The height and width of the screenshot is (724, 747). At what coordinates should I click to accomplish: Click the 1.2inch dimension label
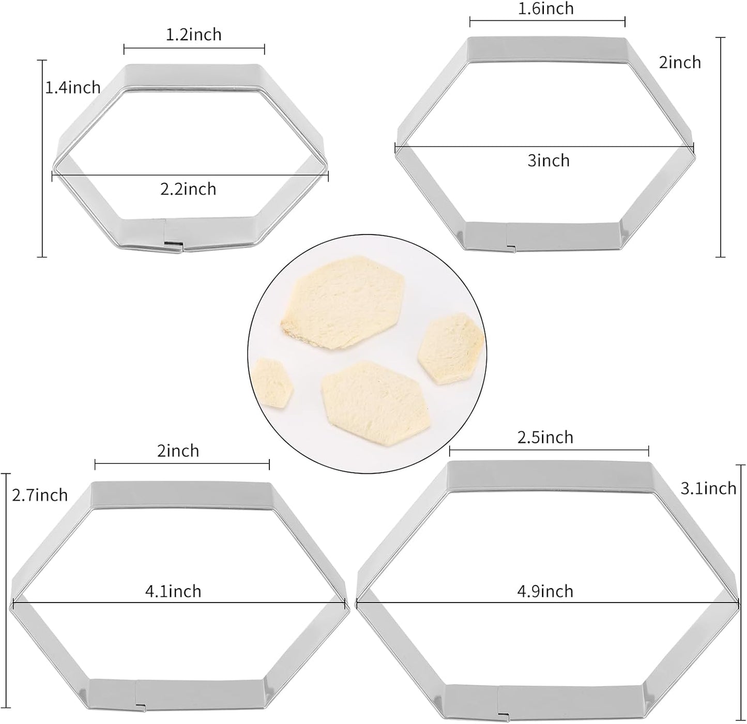pos(194,35)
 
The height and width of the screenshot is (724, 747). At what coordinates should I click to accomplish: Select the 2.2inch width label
pos(188,189)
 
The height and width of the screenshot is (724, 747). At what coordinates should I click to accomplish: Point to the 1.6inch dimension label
pos(546,9)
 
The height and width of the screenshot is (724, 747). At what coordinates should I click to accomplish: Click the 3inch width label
pos(548,161)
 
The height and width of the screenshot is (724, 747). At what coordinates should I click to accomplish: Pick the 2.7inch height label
pos(40,495)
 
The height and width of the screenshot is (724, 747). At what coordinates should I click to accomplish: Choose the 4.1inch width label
pos(173,591)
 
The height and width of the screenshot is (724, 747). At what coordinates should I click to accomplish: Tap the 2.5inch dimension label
pos(545,437)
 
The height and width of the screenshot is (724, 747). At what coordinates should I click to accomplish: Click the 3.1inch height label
pos(708,488)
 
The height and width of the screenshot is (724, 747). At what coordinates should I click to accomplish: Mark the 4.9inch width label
pos(545,591)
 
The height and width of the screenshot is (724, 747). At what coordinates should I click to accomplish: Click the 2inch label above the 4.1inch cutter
pos(178,451)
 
